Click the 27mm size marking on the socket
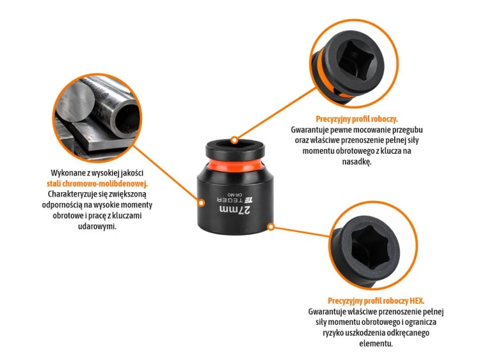[x=235, y=210]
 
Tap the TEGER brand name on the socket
[x=230, y=200]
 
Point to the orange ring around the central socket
[x=235, y=165]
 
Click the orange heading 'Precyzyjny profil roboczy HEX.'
[x=376, y=301]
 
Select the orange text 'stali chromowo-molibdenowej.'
[x=97, y=184]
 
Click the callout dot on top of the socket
[x=234, y=140]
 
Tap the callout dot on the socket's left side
[x=201, y=202]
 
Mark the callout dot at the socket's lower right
[x=271, y=227]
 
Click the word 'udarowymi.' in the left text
[x=97, y=227]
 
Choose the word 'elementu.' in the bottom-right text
[x=376, y=343]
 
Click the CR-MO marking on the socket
[x=235, y=195]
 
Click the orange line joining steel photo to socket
[x=166, y=174]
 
